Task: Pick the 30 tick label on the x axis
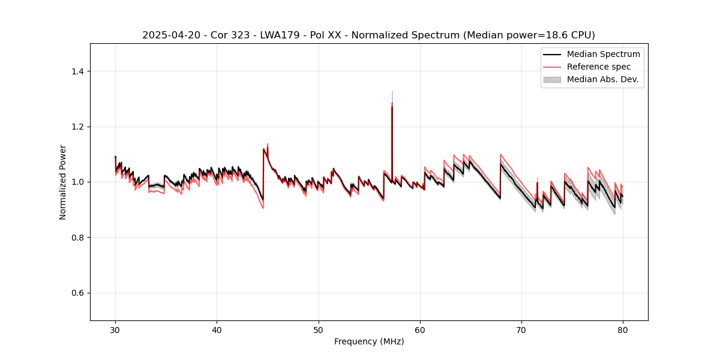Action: pyautogui.click(x=115, y=329)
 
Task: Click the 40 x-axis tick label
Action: pyautogui.click(x=217, y=329)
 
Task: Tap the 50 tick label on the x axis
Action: pyautogui.click(x=319, y=329)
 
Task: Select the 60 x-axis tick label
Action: pyautogui.click(x=420, y=329)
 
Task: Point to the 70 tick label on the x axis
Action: pyautogui.click(x=521, y=329)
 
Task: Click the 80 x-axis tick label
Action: pyautogui.click(x=623, y=329)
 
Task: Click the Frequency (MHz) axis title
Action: pyautogui.click(x=369, y=341)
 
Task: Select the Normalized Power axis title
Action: pyautogui.click(x=63, y=182)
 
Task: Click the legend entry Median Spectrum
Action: pyautogui.click(x=603, y=54)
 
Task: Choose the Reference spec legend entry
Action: pyautogui.click(x=598, y=67)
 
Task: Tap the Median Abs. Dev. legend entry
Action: pyautogui.click(x=602, y=79)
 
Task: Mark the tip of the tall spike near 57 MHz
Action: pyautogui.click(x=392, y=92)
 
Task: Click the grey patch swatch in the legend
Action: pyautogui.click(x=551, y=79)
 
